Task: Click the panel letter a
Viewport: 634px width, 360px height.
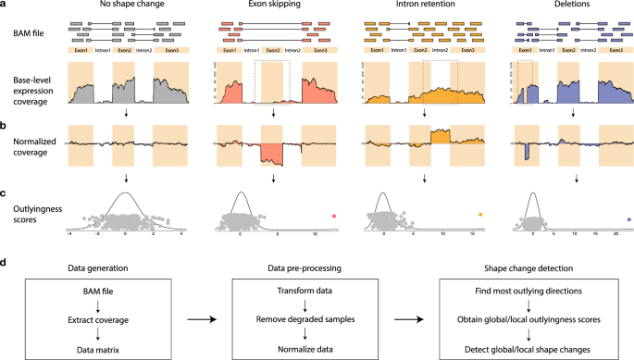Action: coord(5,6)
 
